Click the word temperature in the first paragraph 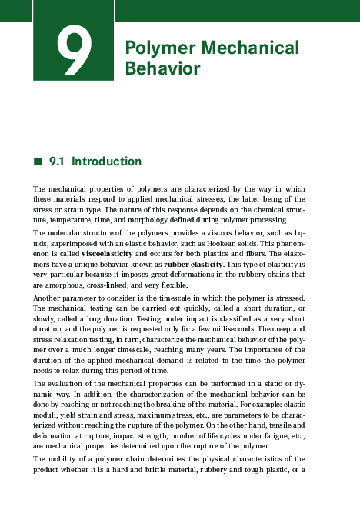point(54,219)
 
